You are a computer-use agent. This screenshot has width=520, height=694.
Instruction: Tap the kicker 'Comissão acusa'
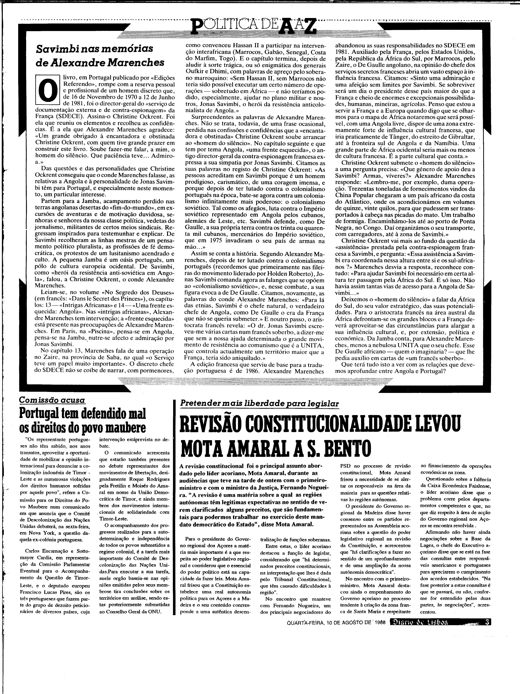[x=52, y=400]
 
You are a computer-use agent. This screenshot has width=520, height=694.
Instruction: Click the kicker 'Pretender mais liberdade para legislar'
[x=260, y=403]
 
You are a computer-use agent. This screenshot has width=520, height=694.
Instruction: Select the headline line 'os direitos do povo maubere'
[x=83, y=428]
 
